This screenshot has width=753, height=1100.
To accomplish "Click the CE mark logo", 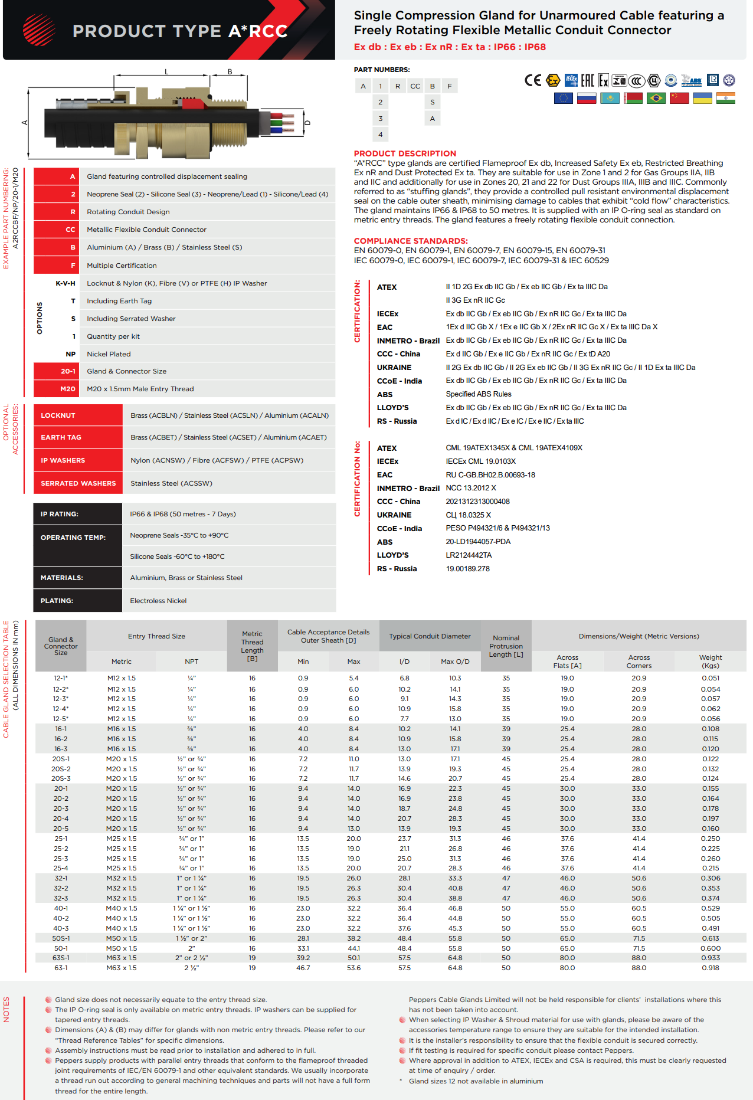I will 532,80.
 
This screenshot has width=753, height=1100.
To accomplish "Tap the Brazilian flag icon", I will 656,98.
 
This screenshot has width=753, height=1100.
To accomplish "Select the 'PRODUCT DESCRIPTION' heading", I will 405,153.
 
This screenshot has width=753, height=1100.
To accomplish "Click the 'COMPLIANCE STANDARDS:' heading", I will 411,241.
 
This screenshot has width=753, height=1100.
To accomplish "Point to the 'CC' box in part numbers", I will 415,86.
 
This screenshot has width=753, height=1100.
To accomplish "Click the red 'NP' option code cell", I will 70,354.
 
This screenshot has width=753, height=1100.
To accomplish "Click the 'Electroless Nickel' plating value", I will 158,601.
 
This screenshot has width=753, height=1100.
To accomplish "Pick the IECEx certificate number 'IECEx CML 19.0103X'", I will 480,461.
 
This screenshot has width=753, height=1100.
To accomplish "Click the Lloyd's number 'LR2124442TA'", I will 469,555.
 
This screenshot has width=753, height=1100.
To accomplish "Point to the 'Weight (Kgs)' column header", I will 710,662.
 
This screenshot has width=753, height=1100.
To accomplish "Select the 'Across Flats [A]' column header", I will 567,662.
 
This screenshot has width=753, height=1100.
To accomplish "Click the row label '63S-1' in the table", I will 61,958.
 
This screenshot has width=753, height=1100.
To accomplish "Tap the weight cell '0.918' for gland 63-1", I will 710,968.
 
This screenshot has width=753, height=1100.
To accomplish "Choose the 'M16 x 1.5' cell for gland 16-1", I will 122,729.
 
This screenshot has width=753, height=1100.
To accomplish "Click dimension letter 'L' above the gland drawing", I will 166,72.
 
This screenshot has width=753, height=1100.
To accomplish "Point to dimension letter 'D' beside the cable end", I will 307,123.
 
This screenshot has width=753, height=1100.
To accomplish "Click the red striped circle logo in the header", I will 39,30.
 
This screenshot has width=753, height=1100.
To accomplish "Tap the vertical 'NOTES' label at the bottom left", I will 7,1009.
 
